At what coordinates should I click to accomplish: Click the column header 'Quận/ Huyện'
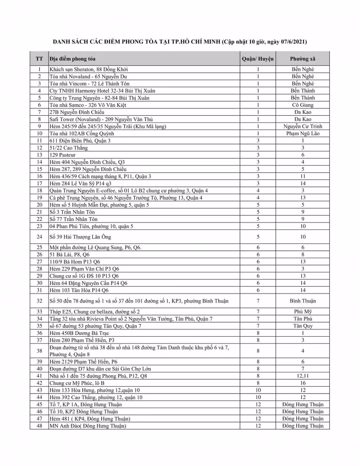pyautogui.click(x=258, y=58)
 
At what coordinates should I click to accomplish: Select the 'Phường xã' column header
pyautogui.click(x=303, y=58)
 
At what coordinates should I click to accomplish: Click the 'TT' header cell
pyautogui.click(x=39, y=58)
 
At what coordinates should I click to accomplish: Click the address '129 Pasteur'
pyautogui.click(x=62, y=155)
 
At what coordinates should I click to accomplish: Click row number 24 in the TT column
pyautogui.click(x=39, y=237)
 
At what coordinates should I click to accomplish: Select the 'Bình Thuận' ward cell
pyautogui.click(x=303, y=301)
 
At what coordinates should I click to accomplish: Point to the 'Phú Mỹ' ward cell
pyautogui.click(x=303, y=311)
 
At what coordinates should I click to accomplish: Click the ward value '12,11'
pyautogui.click(x=303, y=376)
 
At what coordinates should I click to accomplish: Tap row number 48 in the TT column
pyautogui.click(x=39, y=426)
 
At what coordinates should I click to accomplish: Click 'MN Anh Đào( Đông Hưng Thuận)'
pyautogui.click(x=88, y=426)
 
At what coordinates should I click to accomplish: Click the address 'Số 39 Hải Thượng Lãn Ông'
pyautogui.click(x=80, y=237)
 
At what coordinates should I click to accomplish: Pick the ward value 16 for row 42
pyautogui.click(x=303, y=383)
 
